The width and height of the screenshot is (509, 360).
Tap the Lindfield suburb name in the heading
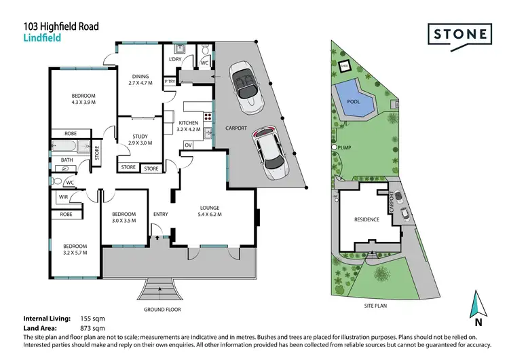pos(42,39)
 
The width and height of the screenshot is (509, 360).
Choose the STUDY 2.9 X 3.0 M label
pos(140,139)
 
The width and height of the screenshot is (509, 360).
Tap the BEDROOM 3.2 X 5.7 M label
pos(75,249)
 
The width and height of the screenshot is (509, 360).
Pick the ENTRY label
pos(160,215)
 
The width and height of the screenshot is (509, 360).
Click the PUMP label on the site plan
pos(350,147)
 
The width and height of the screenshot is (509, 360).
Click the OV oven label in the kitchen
pos(188,145)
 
